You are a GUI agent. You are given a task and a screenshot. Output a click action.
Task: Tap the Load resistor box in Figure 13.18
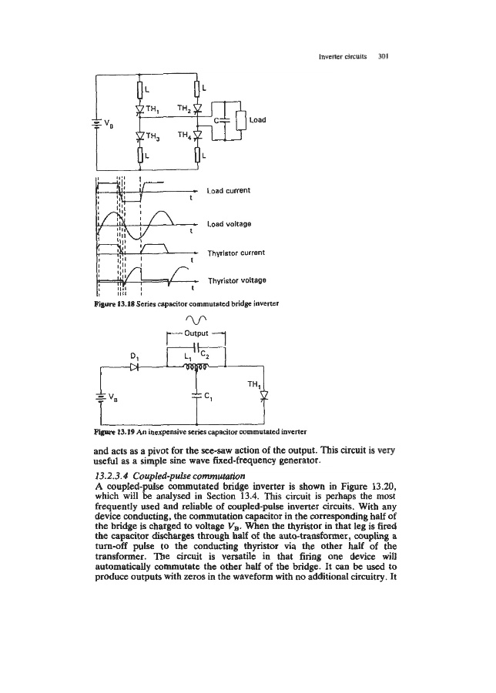coord(241,121)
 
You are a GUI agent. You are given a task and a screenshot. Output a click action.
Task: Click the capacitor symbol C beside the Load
coord(222,122)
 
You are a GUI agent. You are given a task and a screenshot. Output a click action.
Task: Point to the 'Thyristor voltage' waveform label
coord(238,281)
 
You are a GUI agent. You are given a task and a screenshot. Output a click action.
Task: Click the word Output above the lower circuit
coord(196,333)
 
